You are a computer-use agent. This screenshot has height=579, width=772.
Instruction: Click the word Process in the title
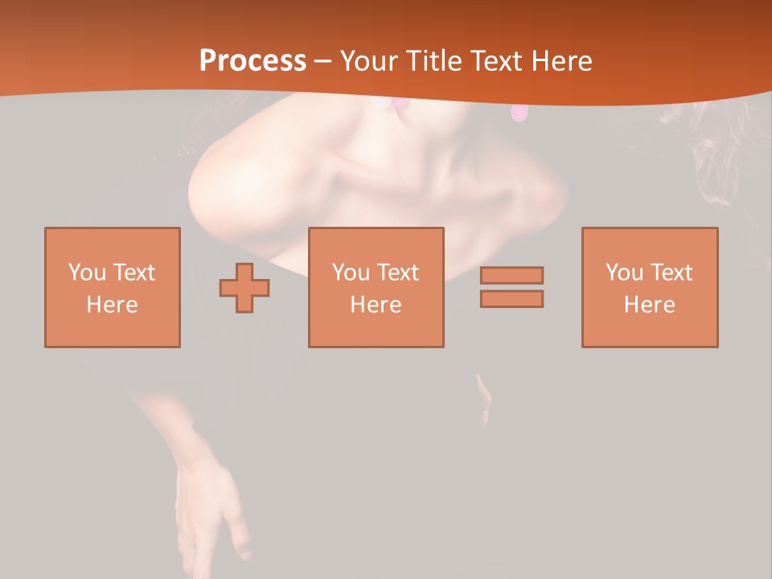253,60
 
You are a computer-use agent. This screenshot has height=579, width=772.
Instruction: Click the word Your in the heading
369,61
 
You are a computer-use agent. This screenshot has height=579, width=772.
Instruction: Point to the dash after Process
322,62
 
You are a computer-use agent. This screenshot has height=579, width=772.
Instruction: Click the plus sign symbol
244,288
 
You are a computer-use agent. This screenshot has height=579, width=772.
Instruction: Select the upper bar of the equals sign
511,275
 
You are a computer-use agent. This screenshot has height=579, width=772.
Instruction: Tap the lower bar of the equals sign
511,299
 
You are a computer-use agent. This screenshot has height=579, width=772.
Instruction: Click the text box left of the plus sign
113,287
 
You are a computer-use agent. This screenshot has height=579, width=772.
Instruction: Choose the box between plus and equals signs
376,287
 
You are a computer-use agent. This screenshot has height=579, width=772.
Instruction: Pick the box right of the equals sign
649,287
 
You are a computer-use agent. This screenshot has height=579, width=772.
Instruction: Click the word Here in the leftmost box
112,305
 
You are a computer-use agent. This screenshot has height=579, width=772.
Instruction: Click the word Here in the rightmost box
649,305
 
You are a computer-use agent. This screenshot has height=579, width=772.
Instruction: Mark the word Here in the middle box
376,305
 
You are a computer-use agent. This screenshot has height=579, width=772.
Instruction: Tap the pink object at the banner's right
520,113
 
